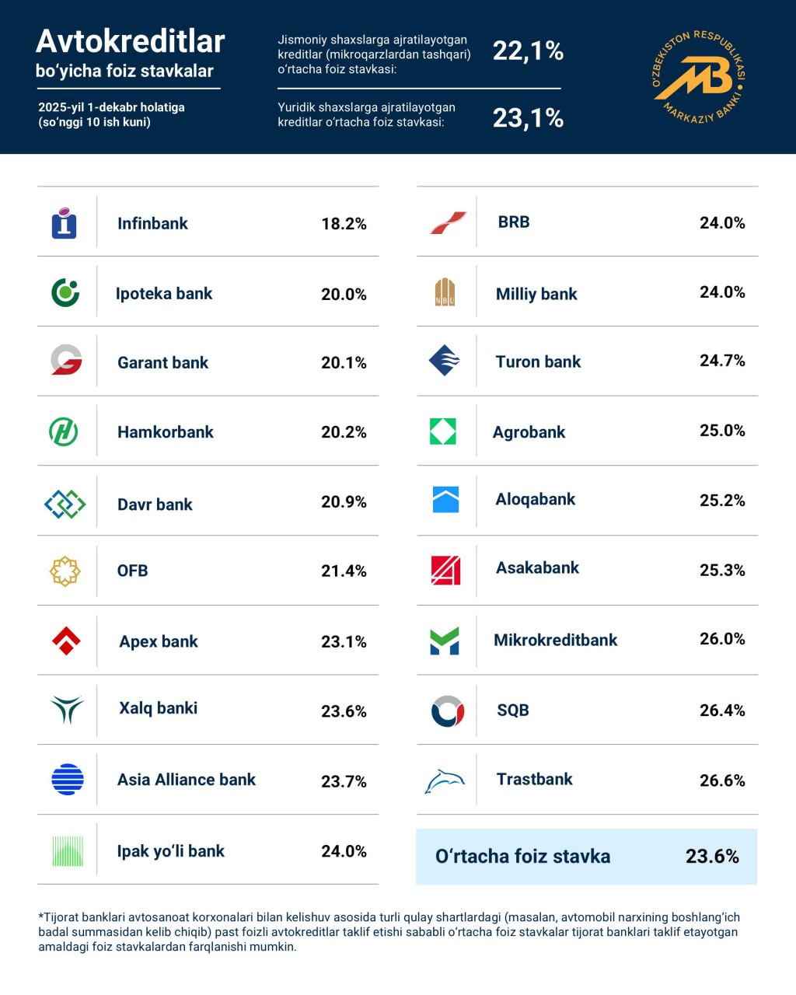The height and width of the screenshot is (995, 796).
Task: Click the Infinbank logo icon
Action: click(x=64, y=223)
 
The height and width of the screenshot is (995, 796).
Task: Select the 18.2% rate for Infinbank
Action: click(x=344, y=224)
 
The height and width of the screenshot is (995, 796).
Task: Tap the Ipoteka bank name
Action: click(x=163, y=294)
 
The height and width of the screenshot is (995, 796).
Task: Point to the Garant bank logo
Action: click(x=66, y=361)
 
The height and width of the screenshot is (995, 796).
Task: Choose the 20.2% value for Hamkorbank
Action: click(x=344, y=432)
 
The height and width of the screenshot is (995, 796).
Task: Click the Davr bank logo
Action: click(x=65, y=504)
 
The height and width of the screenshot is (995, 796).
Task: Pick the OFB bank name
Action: click(x=132, y=571)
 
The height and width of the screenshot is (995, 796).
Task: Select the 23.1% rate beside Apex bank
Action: click(x=344, y=641)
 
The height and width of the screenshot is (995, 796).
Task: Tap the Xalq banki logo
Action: click(x=67, y=709)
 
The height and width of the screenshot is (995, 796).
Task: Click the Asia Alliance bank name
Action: click(x=186, y=780)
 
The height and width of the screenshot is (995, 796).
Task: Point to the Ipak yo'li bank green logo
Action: click(x=67, y=851)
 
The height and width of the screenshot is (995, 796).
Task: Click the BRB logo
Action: click(x=448, y=223)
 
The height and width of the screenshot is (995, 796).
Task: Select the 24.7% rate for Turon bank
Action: click(x=722, y=361)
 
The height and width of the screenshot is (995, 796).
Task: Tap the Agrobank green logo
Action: click(x=443, y=431)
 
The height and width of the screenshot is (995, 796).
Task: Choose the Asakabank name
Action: click(x=537, y=568)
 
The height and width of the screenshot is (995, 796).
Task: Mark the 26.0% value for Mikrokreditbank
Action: click(x=722, y=639)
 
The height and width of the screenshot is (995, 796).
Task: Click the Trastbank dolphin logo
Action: click(x=445, y=780)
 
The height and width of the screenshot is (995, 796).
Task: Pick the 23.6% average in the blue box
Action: click(x=712, y=857)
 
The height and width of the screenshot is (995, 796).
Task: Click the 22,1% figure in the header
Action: click(x=528, y=51)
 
